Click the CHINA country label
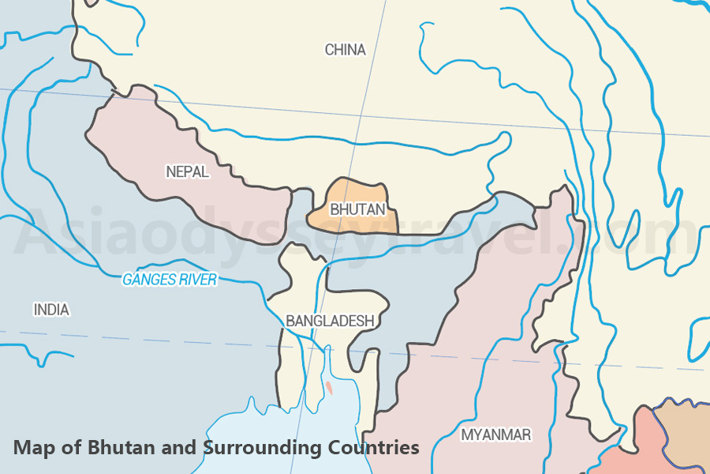[x=346, y=50]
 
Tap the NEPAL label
[x=187, y=171]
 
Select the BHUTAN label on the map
[x=357, y=209]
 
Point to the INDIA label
[x=51, y=310]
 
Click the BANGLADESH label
[x=329, y=321]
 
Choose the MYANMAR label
[x=495, y=434]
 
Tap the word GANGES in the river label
[x=148, y=280]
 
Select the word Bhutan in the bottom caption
[x=114, y=448]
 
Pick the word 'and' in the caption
[x=178, y=448]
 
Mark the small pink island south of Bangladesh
[x=328, y=388]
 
